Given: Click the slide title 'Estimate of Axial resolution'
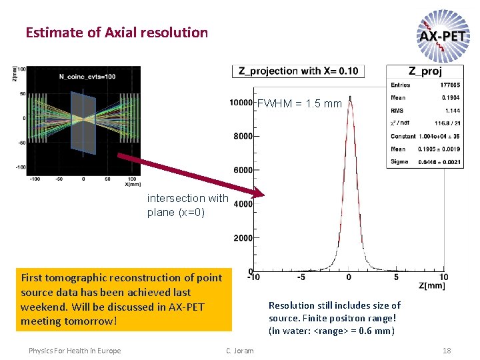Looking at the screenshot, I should click(x=117, y=32).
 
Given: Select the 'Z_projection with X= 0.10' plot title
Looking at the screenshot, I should click(x=298, y=71).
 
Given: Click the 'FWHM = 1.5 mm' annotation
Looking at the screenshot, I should click(x=299, y=104).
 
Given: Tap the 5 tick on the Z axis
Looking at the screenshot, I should click(x=396, y=277).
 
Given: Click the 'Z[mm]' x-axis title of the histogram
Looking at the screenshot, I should click(x=432, y=286).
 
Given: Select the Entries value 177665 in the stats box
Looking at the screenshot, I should click(x=448, y=85).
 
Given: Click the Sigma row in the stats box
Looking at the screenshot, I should click(x=425, y=161).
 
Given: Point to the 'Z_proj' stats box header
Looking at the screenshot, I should click(x=425, y=71).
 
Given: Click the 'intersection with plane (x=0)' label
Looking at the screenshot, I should click(x=187, y=205).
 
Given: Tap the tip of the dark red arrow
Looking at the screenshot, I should click(x=263, y=195).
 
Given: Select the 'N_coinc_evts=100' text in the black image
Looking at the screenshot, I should click(x=87, y=77).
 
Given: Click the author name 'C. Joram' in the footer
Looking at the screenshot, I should click(x=240, y=351).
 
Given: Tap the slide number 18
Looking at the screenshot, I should click(x=447, y=351).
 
